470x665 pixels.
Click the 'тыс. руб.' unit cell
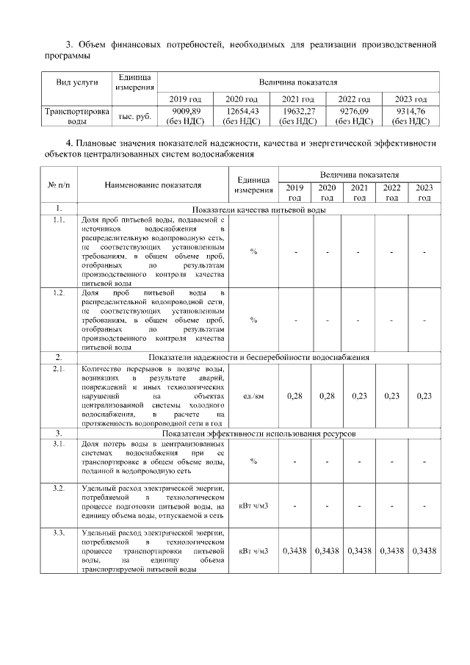click(x=134, y=116)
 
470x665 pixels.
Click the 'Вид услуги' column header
click(x=77, y=82)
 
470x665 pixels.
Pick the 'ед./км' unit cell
click(x=253, y=395)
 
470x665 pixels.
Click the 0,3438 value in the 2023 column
click(x=424, y=550)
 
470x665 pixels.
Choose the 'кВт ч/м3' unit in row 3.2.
click(x=253, y=506)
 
